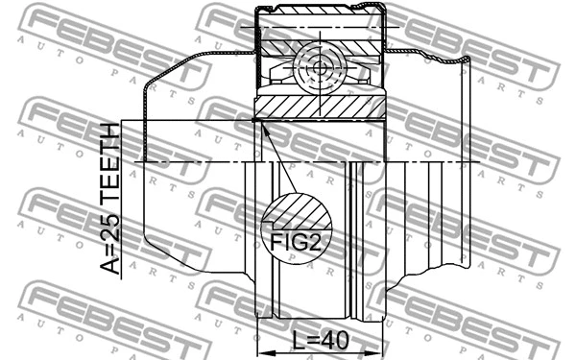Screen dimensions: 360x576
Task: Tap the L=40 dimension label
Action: pyautogui.click(x=321, y=341)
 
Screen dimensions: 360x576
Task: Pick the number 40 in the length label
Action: pyautogui.click(x=337, y=341)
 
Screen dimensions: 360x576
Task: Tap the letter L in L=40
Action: pyautogui.click(x=299, y=341)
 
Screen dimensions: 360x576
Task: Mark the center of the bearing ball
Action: pyautogui.click(x=321, y=69)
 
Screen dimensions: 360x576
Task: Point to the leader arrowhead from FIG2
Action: pyautogui.click(x=258, y=123)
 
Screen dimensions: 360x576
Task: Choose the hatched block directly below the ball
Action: pyautogui.click(x=321, y=108)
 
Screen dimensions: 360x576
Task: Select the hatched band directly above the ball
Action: pyautogui.click(x=321, y=44)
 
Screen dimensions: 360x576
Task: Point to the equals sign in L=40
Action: pyautogui.click(x=313, y=341)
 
